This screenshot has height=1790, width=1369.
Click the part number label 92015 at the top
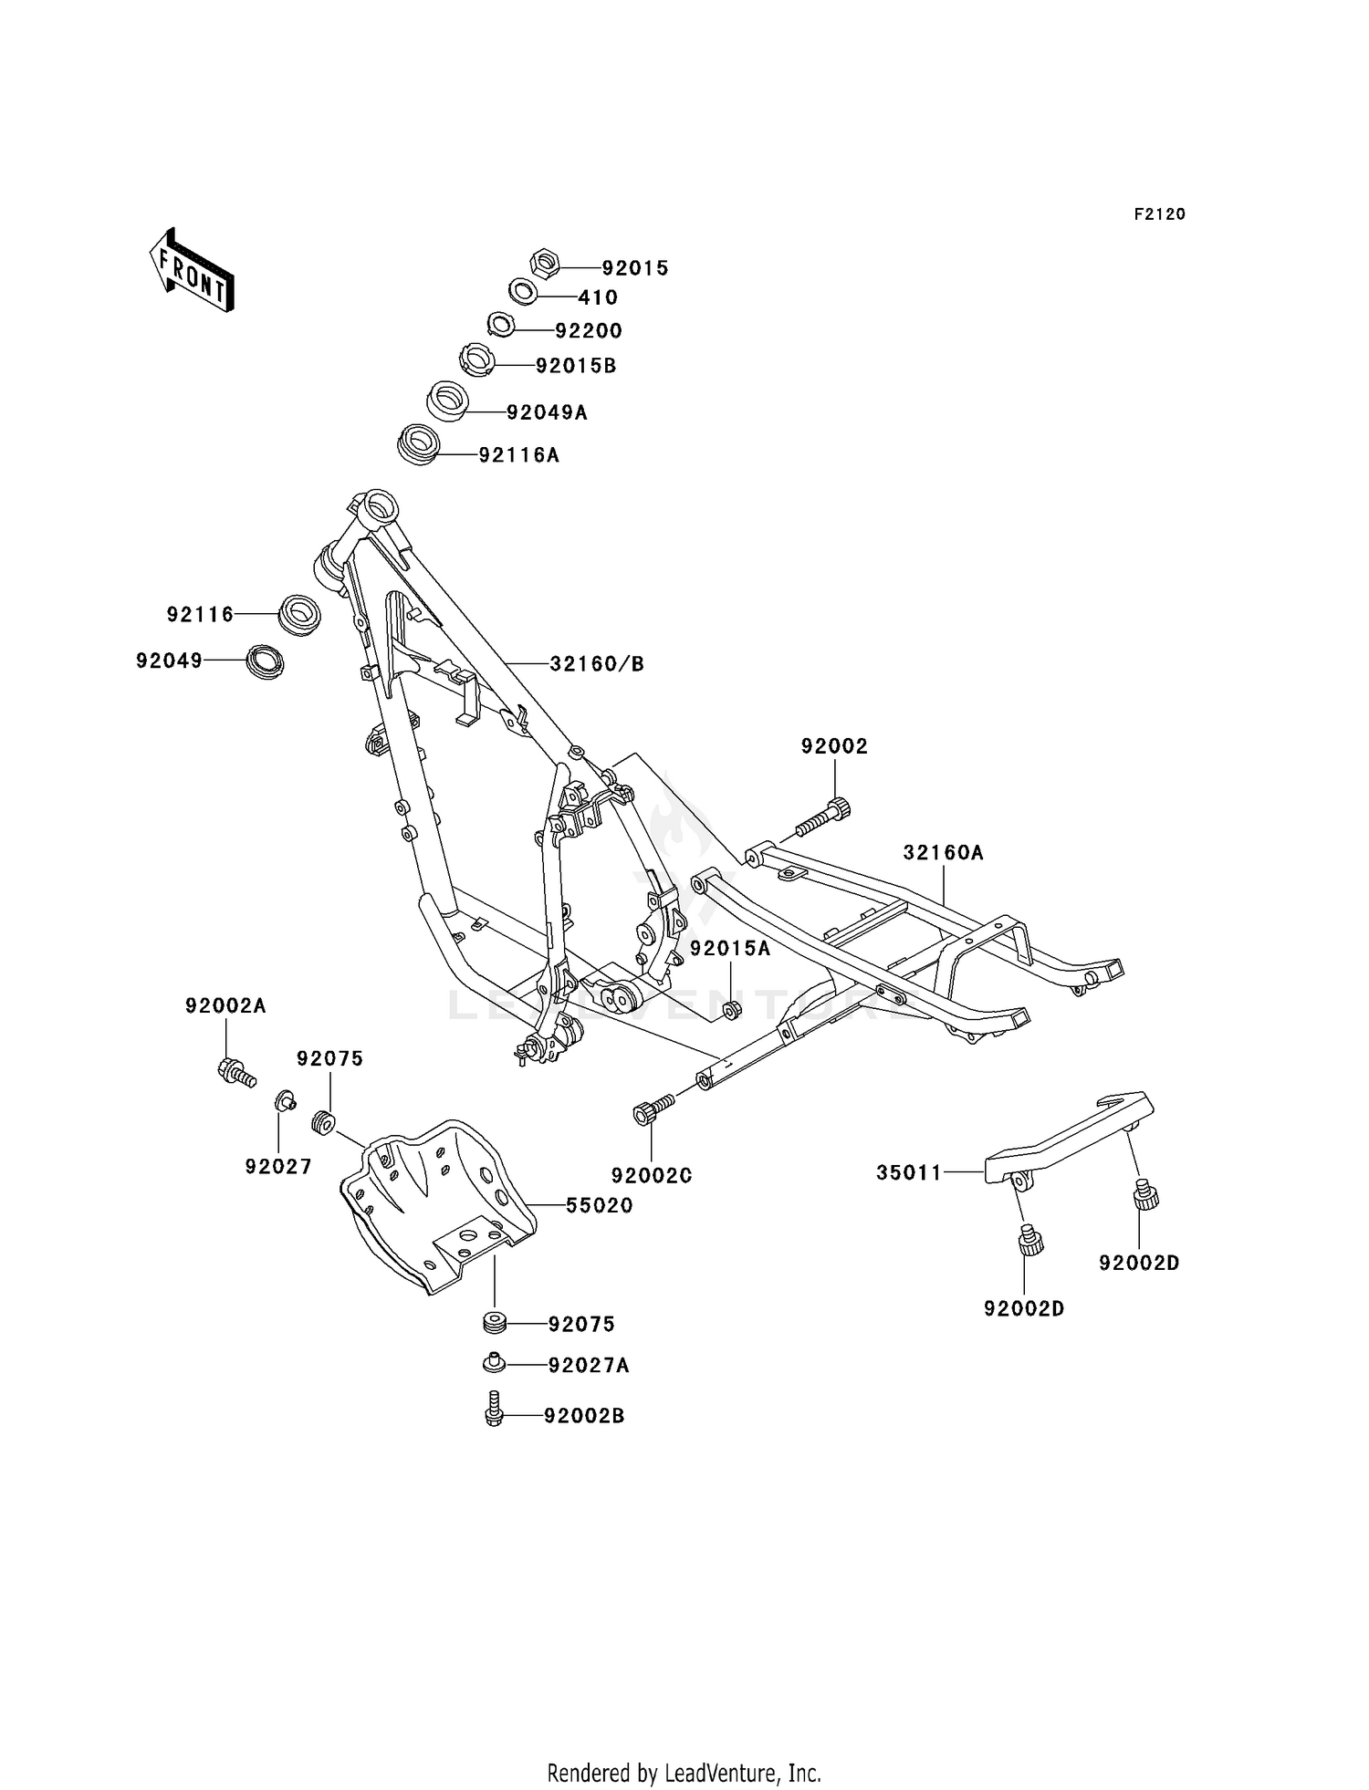click(635, 268)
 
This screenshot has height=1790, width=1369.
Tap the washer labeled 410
click(523, 292)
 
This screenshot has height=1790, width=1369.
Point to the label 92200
click(589, 330)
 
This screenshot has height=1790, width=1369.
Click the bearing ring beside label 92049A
click(448, 401)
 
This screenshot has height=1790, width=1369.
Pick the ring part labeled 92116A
click(419, 445)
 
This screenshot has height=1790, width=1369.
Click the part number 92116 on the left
click(201, 615)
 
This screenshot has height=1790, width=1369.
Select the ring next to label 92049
click(265, 660)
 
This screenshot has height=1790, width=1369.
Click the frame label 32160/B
click(597, 664)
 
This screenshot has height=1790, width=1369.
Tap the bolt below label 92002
click(822, 817)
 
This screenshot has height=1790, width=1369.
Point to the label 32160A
click(944, 853)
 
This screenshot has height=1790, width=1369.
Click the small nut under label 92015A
click(731, 1010)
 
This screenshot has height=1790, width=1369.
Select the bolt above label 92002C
click(653, 1109)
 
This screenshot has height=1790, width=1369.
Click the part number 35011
click(909, 1173)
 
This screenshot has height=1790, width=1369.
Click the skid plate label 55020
click(600, 1205)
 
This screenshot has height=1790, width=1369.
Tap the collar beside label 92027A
click(494, 1363)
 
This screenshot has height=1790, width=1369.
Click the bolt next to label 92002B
click(494, 1410)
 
